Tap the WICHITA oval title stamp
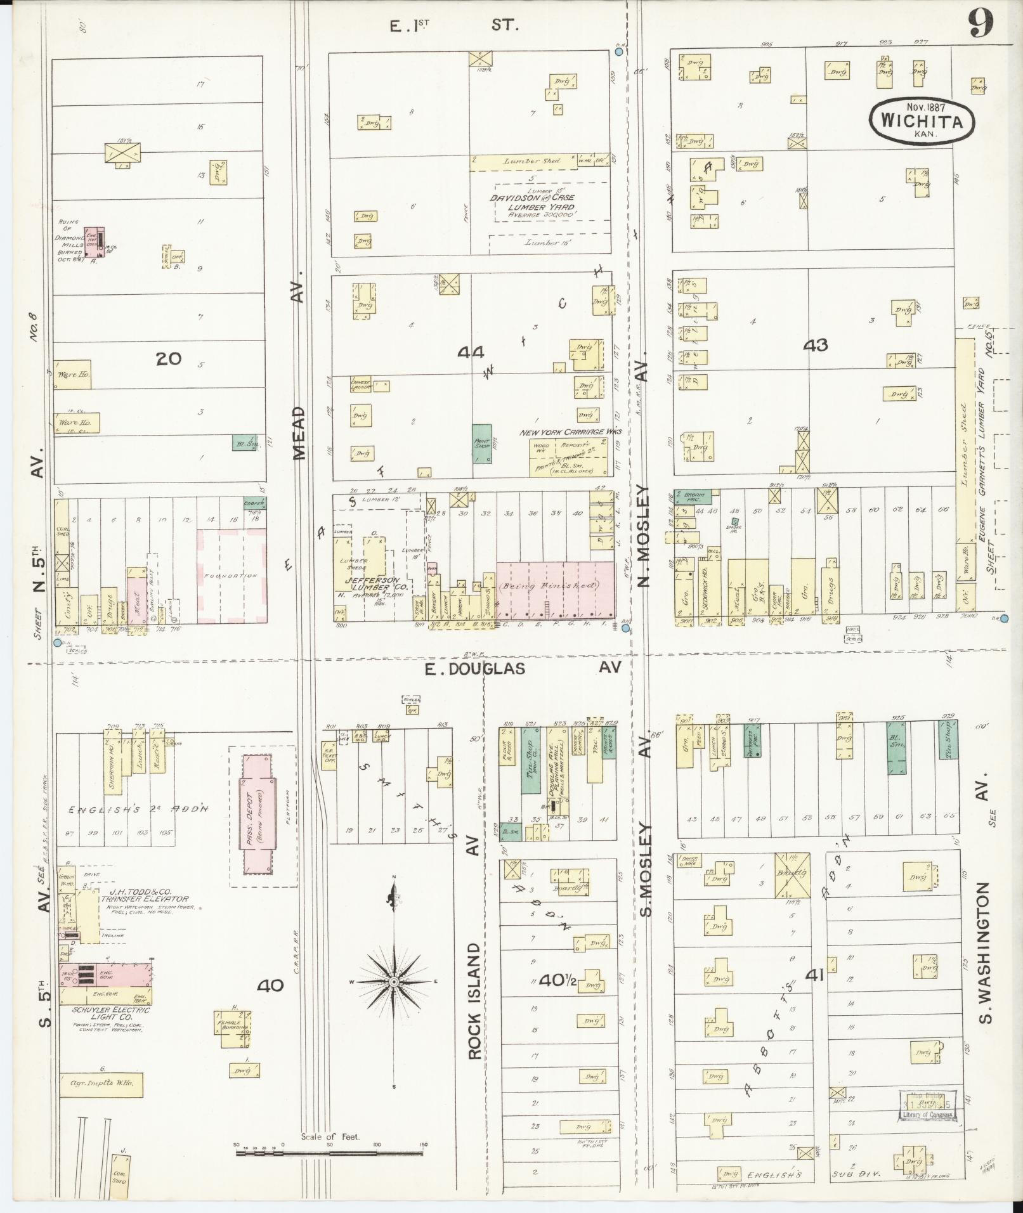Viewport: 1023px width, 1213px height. (921, 120)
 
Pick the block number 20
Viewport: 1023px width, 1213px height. (169, 358)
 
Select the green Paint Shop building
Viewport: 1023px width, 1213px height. (482, 442)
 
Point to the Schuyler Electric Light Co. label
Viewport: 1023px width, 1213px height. (103, 1009)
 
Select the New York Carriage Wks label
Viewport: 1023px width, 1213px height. (571, 432)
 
